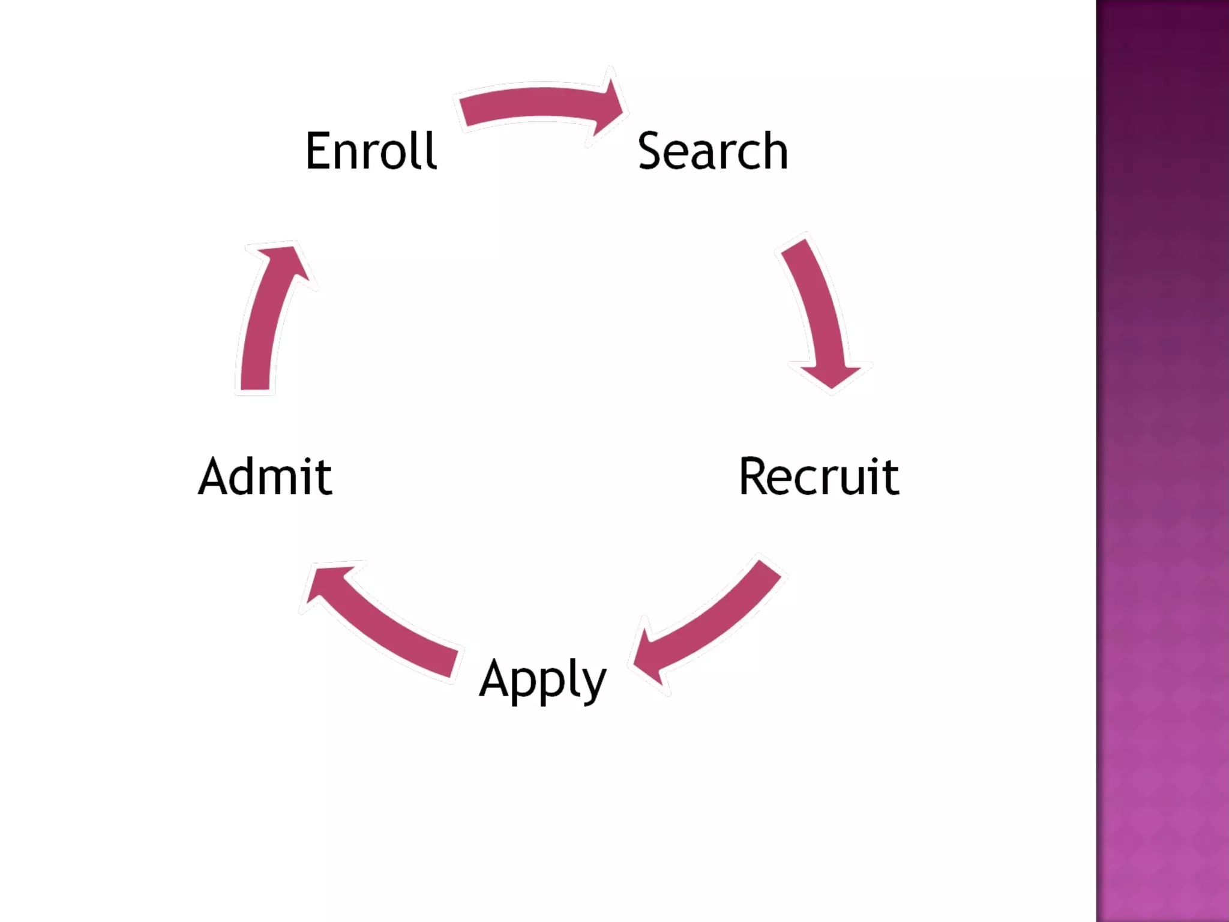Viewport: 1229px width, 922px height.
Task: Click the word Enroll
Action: pos(371,151)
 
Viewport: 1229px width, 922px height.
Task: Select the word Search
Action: pos(712,151)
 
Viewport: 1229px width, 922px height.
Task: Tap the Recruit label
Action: pos(819,477)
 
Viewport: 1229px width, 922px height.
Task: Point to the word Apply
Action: pos(542,680)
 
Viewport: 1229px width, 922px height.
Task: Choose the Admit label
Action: pos(265,477)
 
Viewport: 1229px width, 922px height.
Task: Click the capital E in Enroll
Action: pos(319,151)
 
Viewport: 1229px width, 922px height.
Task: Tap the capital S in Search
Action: pos(650,151)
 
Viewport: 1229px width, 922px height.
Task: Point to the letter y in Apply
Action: pos(593,684)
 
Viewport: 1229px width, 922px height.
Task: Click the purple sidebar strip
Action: pos(1162,461)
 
